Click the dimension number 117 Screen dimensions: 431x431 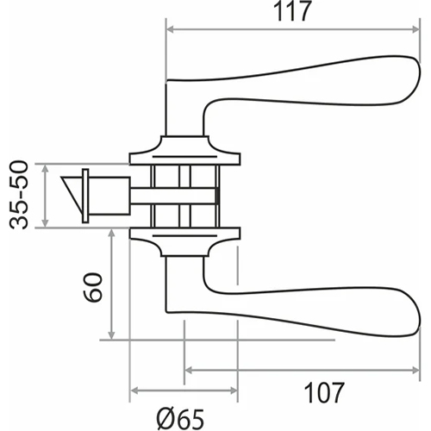292,11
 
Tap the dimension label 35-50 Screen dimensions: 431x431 19,196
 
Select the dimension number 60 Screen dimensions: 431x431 92,287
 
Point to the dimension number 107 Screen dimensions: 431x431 324,393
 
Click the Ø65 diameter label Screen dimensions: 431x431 180,419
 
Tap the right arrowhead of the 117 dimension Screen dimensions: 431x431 415,29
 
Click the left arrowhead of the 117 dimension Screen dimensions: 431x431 171,29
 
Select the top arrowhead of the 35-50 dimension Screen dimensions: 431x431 45,168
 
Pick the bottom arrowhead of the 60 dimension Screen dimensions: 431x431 111,335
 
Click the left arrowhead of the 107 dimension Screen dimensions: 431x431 189,371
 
